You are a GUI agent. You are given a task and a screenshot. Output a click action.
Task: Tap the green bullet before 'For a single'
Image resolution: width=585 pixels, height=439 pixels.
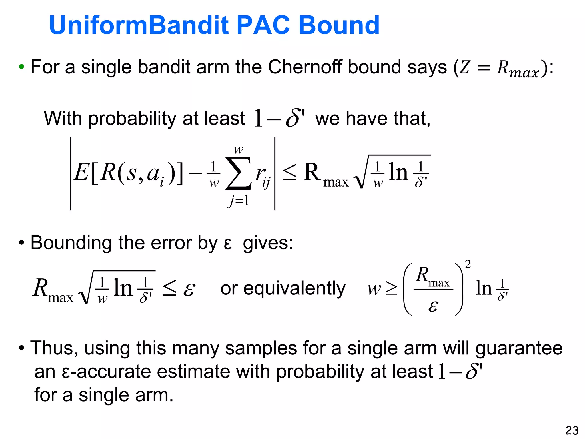pos(21,67)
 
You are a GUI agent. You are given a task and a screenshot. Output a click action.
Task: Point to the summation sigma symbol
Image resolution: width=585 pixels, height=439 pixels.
pos(239,173)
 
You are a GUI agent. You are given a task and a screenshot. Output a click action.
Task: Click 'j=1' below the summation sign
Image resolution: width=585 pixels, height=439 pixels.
pos(239,201)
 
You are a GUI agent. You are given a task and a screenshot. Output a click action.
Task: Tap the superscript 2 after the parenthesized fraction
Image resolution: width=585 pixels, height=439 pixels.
pos(468,264)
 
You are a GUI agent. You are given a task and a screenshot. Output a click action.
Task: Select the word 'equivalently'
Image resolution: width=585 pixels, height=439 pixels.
pos(294,289)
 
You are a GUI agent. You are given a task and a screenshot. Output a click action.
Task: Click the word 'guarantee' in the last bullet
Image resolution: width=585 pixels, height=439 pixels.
pos(519,348)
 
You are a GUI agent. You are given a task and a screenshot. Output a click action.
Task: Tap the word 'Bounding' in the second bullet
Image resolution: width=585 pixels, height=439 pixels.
pos(71,243)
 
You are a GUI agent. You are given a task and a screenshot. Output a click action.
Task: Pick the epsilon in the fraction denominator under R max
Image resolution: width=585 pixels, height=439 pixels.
pos(433,306)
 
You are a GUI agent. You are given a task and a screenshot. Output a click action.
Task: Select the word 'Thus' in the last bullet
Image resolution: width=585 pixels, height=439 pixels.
pos(53,348)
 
